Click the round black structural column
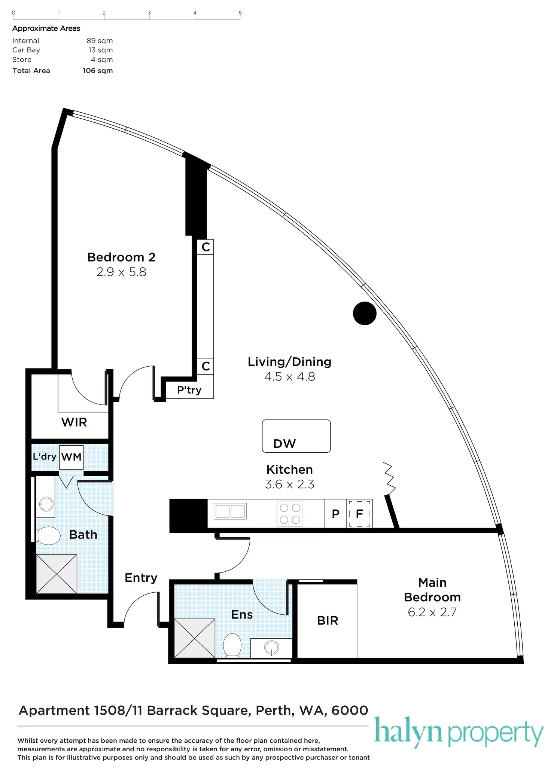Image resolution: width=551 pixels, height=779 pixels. tap(364, 313)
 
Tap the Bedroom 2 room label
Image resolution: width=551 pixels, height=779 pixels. tap(121, 257)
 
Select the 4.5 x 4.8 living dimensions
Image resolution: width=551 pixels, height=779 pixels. tap(289, 376)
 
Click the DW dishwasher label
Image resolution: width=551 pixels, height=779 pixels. tap(284, 444)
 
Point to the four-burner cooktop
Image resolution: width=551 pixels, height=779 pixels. tap(290, 513)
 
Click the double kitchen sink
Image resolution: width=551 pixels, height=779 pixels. tap(230, 511)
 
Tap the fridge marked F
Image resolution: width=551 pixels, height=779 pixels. tap(359, 514)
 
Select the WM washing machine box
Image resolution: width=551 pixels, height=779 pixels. tap(71, 457)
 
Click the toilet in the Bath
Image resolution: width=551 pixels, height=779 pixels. tap(49, 536)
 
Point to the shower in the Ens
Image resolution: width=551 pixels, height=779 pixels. tap(195, 638)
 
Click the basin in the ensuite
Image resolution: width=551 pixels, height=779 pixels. tap(271, 648)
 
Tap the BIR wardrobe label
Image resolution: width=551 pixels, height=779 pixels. tap(328, 621)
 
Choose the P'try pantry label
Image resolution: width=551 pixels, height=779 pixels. tap(189, 390)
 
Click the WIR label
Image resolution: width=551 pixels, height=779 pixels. tap(74, 422)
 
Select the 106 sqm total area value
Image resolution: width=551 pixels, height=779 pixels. tap(98, 71)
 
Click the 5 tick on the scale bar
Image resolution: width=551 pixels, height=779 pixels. tap(240, 13)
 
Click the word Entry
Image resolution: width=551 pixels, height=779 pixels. tap(141, 578)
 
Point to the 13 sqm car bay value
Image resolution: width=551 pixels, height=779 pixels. tap(100, 50)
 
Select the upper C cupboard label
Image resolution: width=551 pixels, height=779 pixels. tap(206, 247)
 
